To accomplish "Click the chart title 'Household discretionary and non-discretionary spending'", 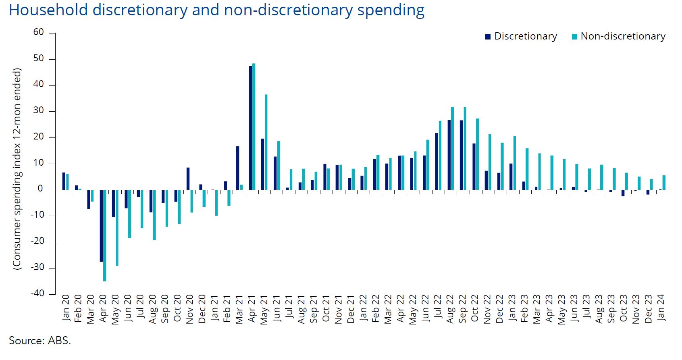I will (216, 10).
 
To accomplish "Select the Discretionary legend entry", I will (521, 36).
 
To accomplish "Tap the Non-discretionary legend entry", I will (618, 36).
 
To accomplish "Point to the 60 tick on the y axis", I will (39, 32).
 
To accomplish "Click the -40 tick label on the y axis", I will (37, 293).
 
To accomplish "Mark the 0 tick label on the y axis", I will (40, 189).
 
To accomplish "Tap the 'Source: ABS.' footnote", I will (40, 341).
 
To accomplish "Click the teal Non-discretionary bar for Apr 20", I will (105, 235).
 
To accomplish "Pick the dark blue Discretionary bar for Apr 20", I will (101, 226).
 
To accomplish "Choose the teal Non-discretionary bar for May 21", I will (266, 142).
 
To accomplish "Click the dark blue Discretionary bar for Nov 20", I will (188, 179).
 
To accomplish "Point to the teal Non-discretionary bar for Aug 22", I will (452, 148).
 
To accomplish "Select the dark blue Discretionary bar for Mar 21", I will (238, 168).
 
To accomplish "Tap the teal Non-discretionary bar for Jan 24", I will (664, 183).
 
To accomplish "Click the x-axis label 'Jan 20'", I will (66, 308).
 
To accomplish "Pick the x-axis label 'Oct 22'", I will (475, 308).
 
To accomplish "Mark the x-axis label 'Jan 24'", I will (661, 308).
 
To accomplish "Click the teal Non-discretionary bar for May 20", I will (117, 228).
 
